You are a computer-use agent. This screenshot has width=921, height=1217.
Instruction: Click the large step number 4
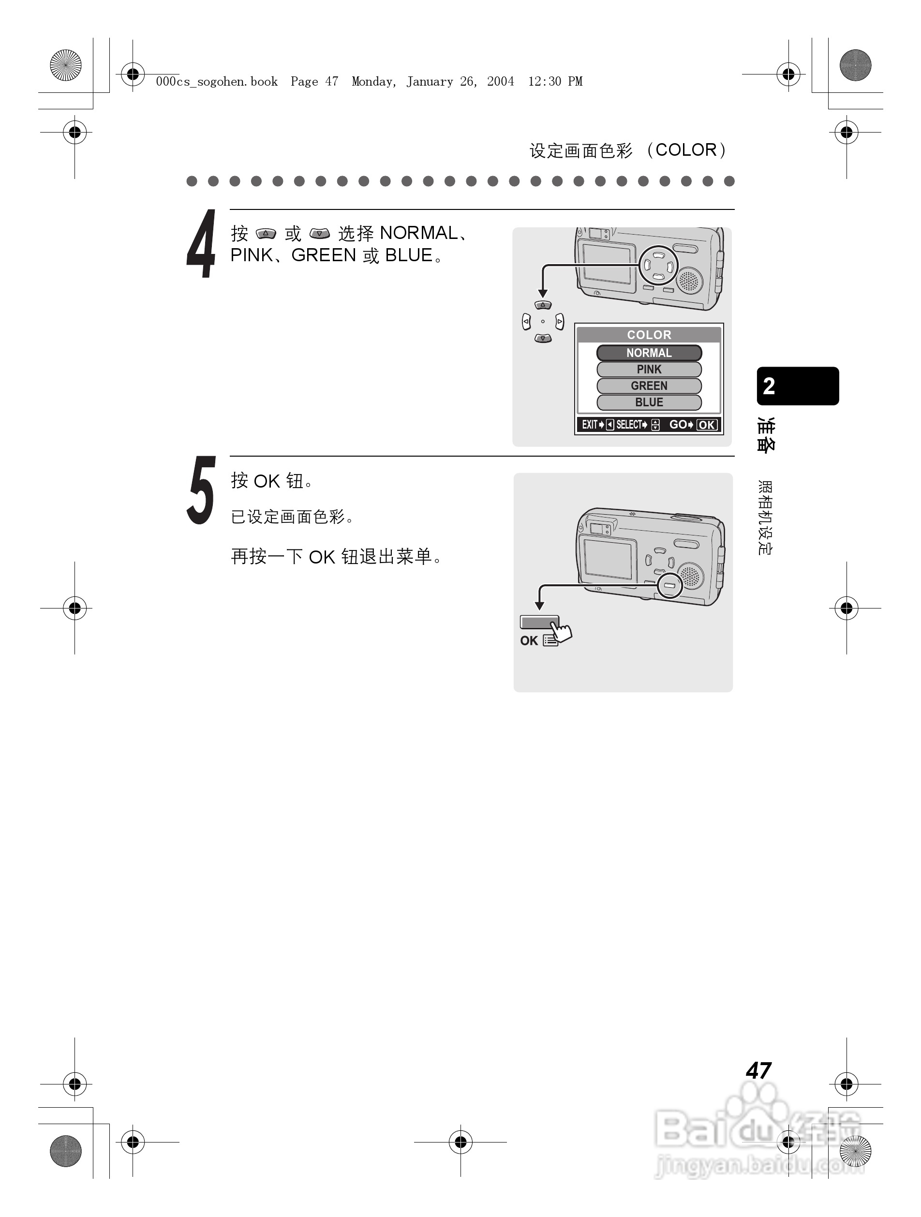tap(201, 244)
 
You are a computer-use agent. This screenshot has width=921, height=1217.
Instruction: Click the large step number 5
tap(201, 490)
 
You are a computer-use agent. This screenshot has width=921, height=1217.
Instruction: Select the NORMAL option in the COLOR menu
tap(649, 353)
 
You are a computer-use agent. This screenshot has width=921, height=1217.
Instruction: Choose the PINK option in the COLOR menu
tap(649, 369)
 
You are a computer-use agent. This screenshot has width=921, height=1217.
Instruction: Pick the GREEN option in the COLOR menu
tap(649, 386)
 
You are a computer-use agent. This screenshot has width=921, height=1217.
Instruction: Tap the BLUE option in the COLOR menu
tap(649, 402)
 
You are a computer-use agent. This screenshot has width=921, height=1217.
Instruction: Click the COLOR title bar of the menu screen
tap(649, 335)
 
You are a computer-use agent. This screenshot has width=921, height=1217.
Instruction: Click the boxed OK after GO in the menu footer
tap(706, 425)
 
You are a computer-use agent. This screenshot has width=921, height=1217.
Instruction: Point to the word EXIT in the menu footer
tap(589, 425)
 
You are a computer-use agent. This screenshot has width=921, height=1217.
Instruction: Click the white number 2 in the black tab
tap(769, 386)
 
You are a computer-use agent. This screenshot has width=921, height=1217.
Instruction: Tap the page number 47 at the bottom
tap(758, 1070)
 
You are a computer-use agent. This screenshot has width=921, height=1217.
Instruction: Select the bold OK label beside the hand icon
tap(529, 640)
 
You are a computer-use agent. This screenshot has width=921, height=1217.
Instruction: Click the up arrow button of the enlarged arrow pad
tap(543, 305)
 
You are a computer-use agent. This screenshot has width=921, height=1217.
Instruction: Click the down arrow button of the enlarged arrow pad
tap(543, 339)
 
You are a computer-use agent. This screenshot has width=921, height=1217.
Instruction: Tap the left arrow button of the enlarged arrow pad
tap(526, 321)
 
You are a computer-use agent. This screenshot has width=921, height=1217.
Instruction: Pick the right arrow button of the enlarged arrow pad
tap(560, 321)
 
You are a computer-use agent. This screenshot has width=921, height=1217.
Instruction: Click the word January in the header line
tap(430, 82)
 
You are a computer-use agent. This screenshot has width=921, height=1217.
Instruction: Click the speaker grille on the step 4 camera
tap(688, 281)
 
